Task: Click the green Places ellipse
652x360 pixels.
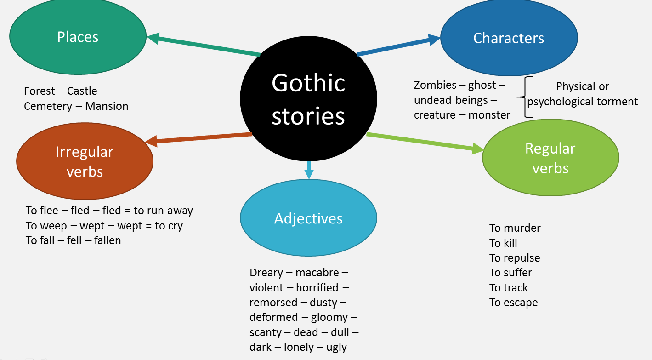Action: (x=78, y=37)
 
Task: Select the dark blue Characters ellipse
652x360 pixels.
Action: (x=509, y=38)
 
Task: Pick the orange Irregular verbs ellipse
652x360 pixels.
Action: (x=85, y=161)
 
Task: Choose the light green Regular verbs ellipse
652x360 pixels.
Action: (x=550, y=158)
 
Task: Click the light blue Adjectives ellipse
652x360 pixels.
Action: (x=308, y=218)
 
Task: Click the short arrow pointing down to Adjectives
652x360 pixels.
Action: (x=309, y=170)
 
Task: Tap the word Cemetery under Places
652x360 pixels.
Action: (x=48, y=106)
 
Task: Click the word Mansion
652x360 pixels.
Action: (x=107, y=106)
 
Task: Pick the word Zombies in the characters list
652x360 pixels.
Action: (x=435, y=85)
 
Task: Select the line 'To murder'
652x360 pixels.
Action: (x=515, y=228)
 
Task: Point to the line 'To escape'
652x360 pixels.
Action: (x=513, y=303)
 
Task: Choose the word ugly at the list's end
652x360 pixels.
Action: (x=337, y=347)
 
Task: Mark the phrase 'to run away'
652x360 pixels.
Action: (x=163, y=211)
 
